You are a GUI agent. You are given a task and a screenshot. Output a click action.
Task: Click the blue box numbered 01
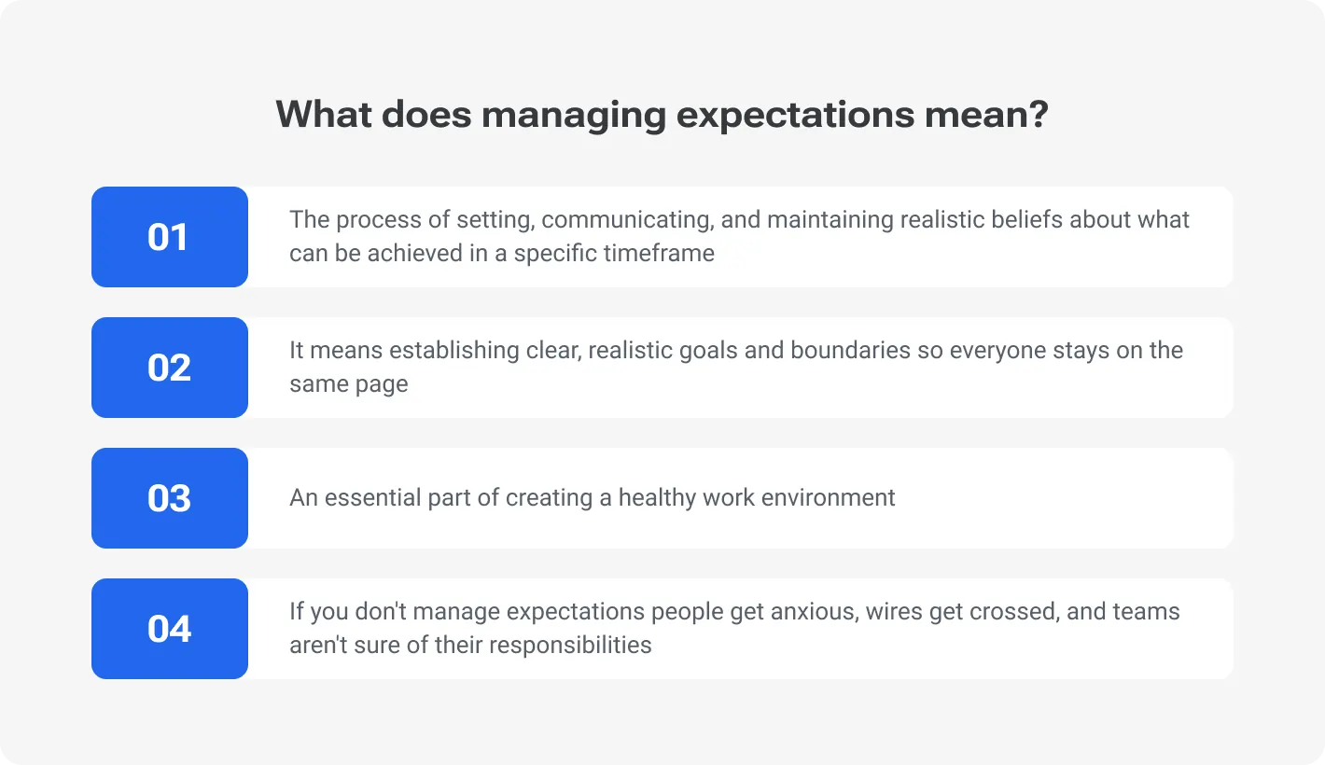pos(169,237)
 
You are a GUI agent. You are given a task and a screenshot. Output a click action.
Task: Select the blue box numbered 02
pos(169,368)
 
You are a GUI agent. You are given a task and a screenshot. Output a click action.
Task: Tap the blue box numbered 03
pos(169,498)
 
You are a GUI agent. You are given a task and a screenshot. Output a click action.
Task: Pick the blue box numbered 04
pos(169,629)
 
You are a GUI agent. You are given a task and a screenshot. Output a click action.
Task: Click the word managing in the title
pos(573,115)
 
